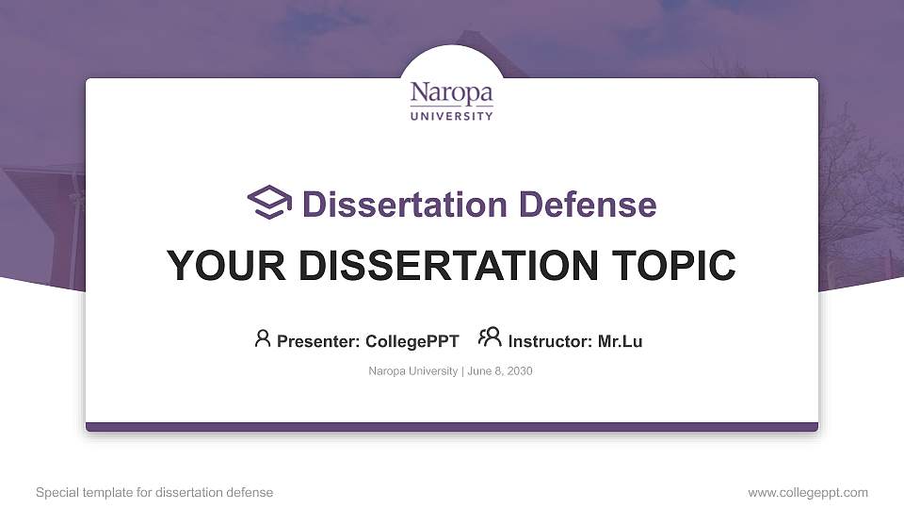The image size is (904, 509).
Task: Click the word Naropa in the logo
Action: (x=451, y=94)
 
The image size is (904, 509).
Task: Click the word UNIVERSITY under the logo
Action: (x=451, y=116)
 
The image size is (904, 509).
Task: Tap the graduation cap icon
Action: (x=269, y=203)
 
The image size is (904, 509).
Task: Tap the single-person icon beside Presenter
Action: (x=263, y=338)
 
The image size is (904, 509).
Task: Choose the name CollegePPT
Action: (x=412, y=341)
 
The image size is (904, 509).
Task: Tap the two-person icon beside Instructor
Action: (x=490, y=337)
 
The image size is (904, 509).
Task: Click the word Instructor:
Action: (x=550, y=341)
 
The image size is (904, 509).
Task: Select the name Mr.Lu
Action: (x=620, y=341)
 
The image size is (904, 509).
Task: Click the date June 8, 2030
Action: (x=500, y=371)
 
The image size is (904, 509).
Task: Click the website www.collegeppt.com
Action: (x=808, y=492)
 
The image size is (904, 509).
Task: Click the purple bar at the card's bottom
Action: (x=452, y=427)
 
